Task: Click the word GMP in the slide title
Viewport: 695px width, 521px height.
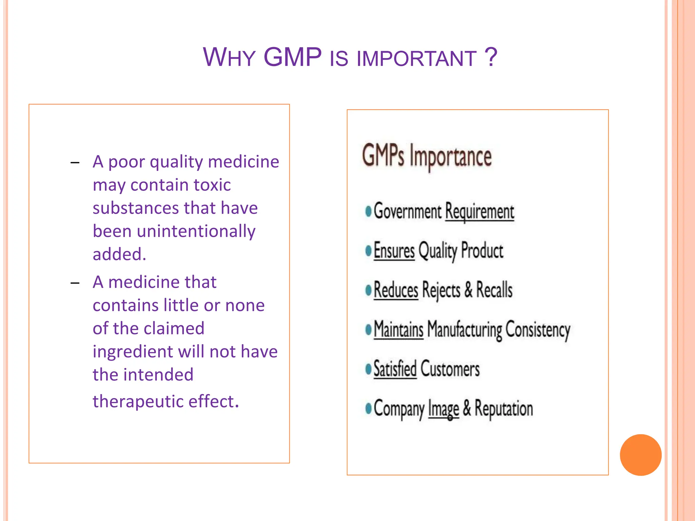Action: click(293, 57)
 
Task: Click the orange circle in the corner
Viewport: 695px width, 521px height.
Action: click(640, 455)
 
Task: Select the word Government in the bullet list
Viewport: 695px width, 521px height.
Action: click(407, 211)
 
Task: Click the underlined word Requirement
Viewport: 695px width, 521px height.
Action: click(480, 212)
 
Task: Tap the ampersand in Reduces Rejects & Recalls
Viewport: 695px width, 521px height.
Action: click(468, 290)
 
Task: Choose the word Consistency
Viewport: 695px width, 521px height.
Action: click(538, 330)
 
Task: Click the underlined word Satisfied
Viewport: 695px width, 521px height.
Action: click(395, 369)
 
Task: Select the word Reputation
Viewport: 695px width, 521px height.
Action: click(504, 408)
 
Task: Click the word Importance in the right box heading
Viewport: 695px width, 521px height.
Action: click(450, 157)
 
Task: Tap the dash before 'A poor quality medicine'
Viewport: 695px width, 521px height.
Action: click(75, 163)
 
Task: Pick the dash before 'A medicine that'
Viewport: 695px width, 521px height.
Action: click(75, 283)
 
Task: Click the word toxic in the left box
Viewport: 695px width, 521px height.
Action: click(212, 185)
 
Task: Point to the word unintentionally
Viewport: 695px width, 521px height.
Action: click(196, 231)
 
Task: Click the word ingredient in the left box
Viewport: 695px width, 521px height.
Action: click(132, 352)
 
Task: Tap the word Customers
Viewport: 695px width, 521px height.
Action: click(450, 369)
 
